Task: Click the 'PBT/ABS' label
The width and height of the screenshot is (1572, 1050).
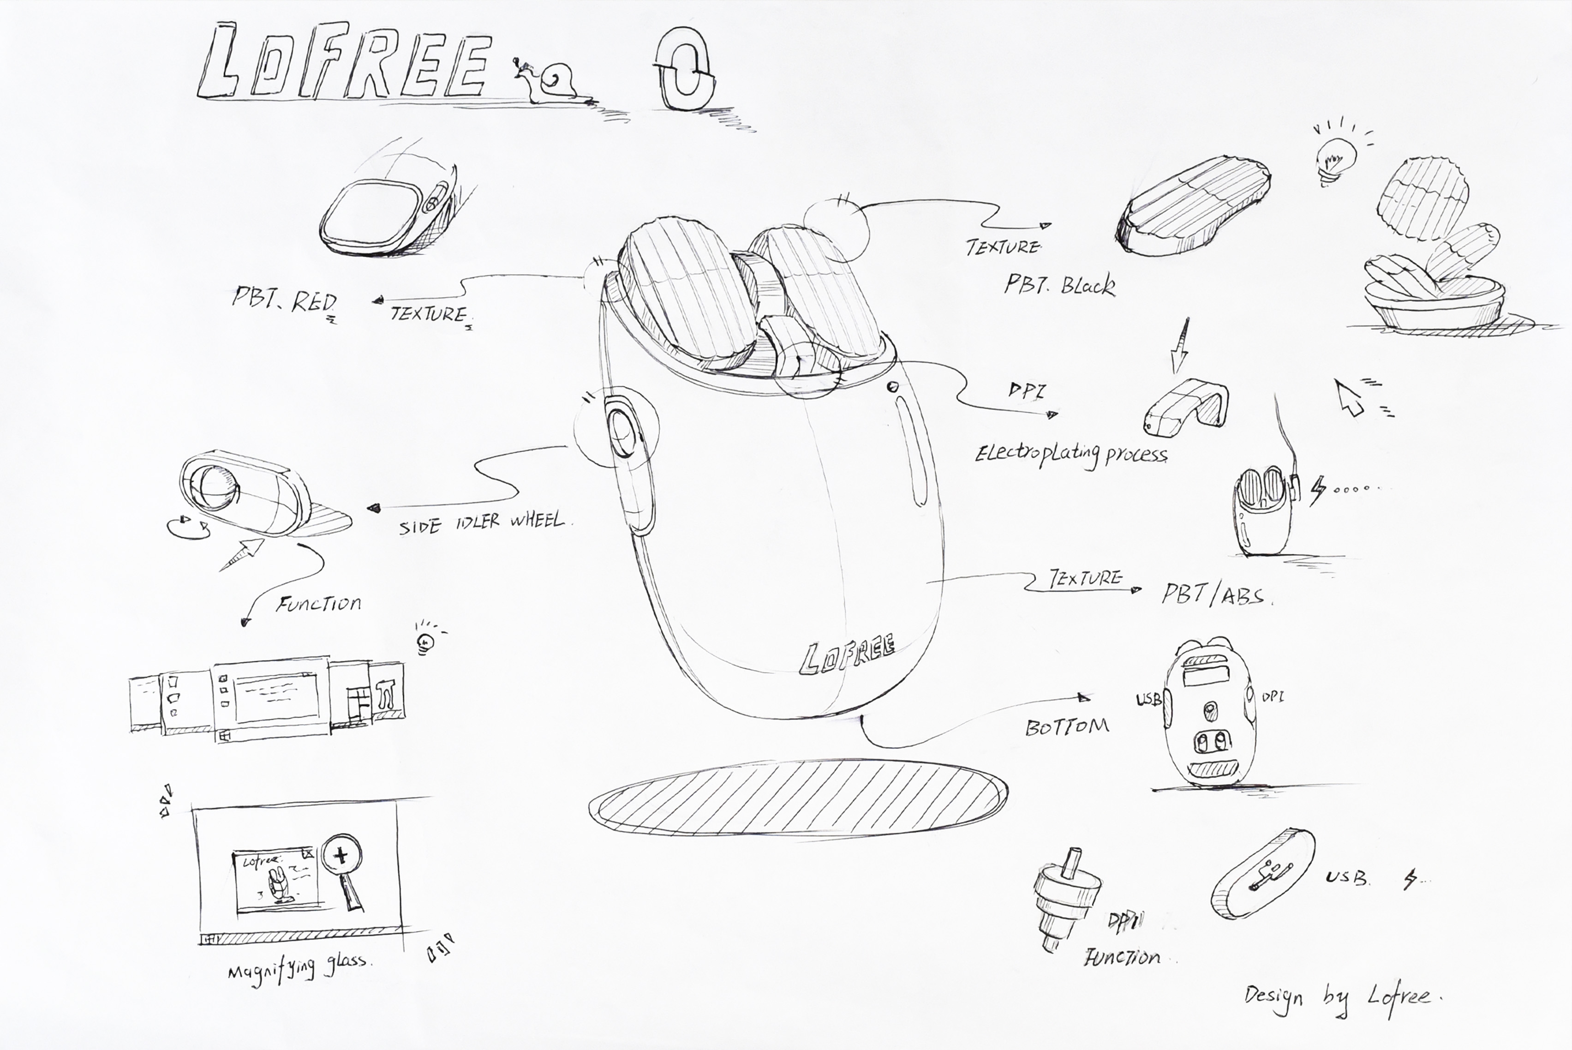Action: (x=1214, y=594)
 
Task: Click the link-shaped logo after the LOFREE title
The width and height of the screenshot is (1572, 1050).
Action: (x=683, y=68)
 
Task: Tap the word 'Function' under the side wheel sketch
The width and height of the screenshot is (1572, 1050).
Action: (x=319, y=604)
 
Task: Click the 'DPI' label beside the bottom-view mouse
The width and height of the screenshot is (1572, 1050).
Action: (x=1273, y=697)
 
